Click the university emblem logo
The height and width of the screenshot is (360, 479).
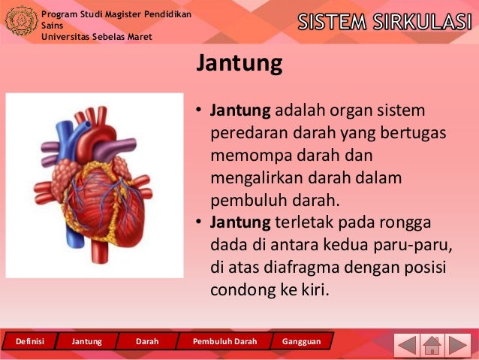[20, 21]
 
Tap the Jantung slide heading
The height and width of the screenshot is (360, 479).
[239, 64]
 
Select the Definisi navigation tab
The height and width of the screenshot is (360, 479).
[29, 341]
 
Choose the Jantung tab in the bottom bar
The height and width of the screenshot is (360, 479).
[86, 341]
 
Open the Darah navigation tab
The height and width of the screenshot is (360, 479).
[147, 341]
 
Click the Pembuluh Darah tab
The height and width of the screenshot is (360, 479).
[224, 341]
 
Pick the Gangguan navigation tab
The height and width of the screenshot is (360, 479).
[301, 341]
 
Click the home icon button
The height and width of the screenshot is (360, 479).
[432, 345]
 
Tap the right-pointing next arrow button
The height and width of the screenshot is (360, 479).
[459, 345]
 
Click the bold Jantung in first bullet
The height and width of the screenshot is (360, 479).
[240, 111]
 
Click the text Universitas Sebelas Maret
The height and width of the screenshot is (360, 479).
[97, 37]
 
